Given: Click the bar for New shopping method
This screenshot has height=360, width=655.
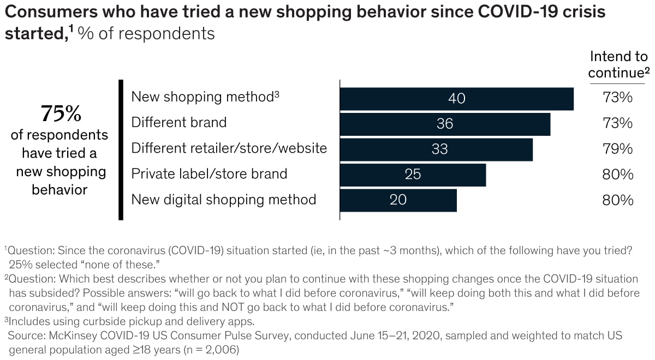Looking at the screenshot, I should [456, 99].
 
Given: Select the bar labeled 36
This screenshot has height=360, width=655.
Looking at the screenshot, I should [445, 124].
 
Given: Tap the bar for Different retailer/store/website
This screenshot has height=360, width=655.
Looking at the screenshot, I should [436, 149].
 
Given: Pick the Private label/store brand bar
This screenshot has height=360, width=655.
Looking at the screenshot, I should [413, 175].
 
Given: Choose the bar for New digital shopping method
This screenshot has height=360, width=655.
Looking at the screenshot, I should [398, 200].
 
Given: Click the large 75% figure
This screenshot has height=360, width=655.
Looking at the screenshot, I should [61, 115].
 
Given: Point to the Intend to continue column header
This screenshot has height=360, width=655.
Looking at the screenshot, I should [618, 64].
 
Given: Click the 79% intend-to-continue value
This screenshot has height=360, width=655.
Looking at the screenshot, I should [618, 149].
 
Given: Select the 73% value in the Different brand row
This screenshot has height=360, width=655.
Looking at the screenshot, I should [618, 124].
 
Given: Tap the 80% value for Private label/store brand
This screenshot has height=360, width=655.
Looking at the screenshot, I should [618, 175].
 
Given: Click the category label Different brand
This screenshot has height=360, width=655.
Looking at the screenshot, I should [178, 123].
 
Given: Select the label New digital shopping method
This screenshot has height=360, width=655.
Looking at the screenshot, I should [223, 200].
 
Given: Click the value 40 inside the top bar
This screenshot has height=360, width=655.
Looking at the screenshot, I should [456, 99].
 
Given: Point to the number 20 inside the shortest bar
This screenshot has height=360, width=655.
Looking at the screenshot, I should [398, 200].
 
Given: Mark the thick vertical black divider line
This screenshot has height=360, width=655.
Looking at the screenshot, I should [121, 149].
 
